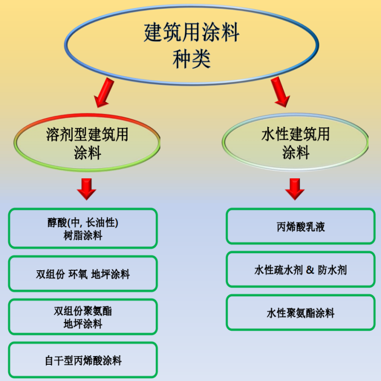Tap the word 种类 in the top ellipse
tap(191, 58)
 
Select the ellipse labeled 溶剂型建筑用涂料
tap(87, 143)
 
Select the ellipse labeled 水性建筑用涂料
tap(296, 143)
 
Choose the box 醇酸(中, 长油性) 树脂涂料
tap(83, 229)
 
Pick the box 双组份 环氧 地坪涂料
tap(83, 274)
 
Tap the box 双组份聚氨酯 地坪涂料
tap(83, 317)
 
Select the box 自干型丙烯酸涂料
tap(83, 361)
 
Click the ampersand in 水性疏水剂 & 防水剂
tap(311, 270)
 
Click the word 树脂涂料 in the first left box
tap(83, 235)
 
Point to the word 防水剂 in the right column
tap(332, 270)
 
